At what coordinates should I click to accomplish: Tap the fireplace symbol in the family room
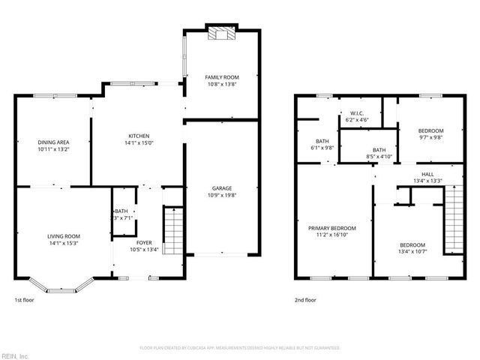pyautogui.click(x=221, y=33)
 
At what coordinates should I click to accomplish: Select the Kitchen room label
pyautogui.click(x=139, y=136)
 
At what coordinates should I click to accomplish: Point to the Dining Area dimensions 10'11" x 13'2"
pyautogui.click(x=53, y=149)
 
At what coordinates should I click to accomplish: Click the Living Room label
pyautogui.click(x=64, y=236)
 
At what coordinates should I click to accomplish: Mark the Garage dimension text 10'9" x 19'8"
pyautogui.click(x=221, y=196)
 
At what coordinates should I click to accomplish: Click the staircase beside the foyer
pyautogui.click(x=173, y=232)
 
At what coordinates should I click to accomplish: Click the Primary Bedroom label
pyautogui.click(x=331, y=228)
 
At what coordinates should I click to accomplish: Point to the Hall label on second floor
pyautogui.click(x=427, y=174)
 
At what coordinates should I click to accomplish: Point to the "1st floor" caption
pyautogui.click(x=24, y=300)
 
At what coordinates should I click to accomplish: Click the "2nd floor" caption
pyautogui.click(x=305, y=300)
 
